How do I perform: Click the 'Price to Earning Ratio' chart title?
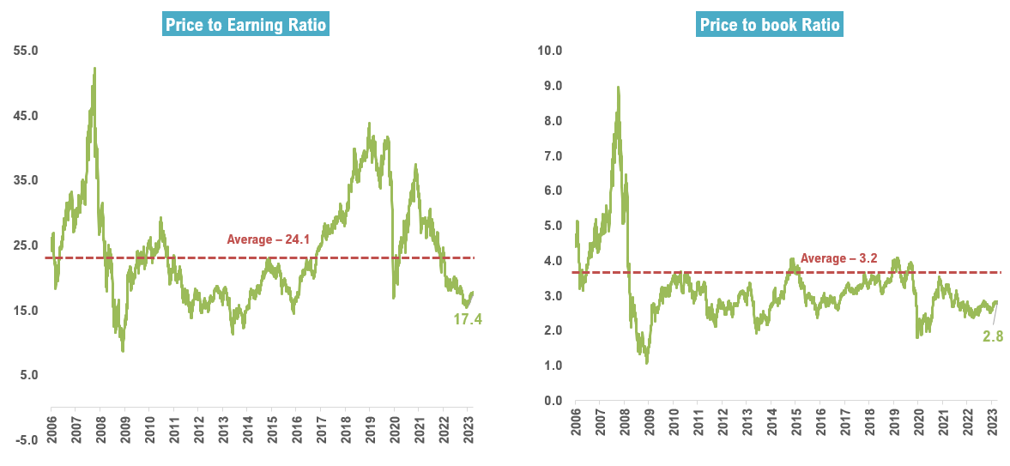[x=246, y=25]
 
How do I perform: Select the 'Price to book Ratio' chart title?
[x=770, y=25]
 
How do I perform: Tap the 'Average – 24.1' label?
[x=268, y=239]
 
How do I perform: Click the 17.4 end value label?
[x=468, y=319]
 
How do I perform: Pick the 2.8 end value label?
[x=994, y=336]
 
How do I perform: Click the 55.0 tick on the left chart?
[x=26, y=51]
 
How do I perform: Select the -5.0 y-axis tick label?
[x=26, y=440]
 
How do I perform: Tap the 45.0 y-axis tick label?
[x=26, y=116]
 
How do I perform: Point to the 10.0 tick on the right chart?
[x=547, y=51]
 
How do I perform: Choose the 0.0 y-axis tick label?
[x=551, y=401]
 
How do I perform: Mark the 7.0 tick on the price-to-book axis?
[x=551, y=155]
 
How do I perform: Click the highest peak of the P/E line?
[x=94, y=68]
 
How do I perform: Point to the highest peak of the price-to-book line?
[x=618, y=87]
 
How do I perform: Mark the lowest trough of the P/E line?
[x=123, y=351]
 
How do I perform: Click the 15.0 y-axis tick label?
[x=26, y=311]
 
